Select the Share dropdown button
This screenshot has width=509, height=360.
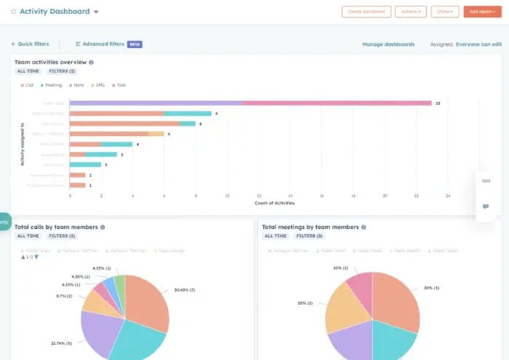(444, 12)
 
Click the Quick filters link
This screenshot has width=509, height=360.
(30, 44)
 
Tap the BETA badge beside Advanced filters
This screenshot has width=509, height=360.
(135, 44)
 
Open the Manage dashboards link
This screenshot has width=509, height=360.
(388, 44)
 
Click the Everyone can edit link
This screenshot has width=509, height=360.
(478, 44)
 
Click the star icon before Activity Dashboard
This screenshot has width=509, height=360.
(13, 12)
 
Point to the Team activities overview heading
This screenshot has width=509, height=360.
(50, 62)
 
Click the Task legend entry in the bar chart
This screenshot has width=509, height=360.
(121, 85)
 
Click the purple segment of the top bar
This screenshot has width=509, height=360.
(156, 103)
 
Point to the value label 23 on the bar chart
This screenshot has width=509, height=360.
(438, 103)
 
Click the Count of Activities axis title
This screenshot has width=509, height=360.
(274, 203)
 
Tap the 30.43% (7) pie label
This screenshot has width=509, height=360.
(185, 289)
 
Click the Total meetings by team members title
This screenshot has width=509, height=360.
(310, 227)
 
